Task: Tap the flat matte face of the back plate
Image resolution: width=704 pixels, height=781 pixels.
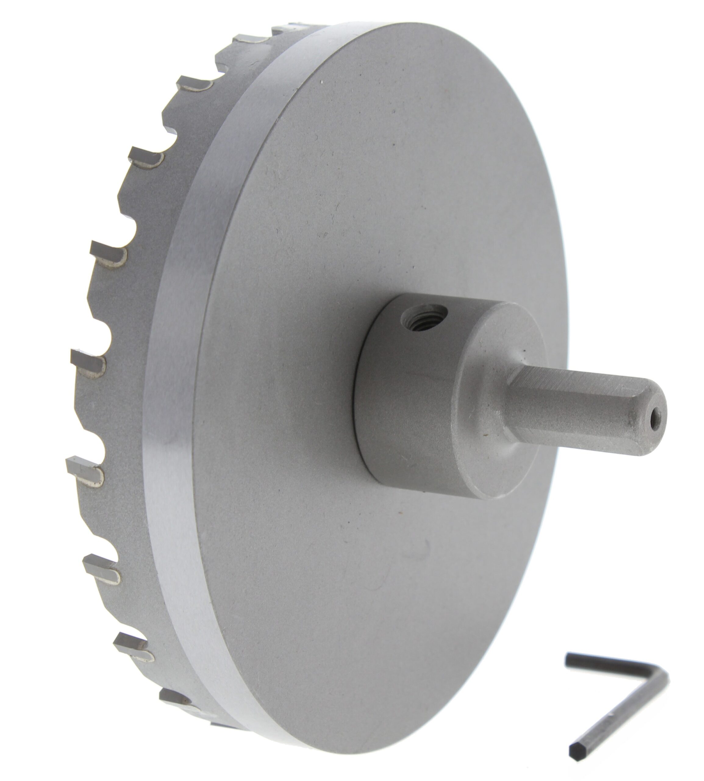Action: point(348,193)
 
